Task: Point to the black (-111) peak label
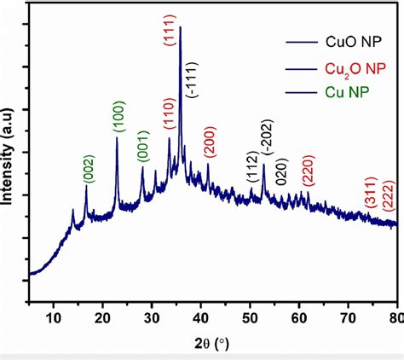click(196, 82)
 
